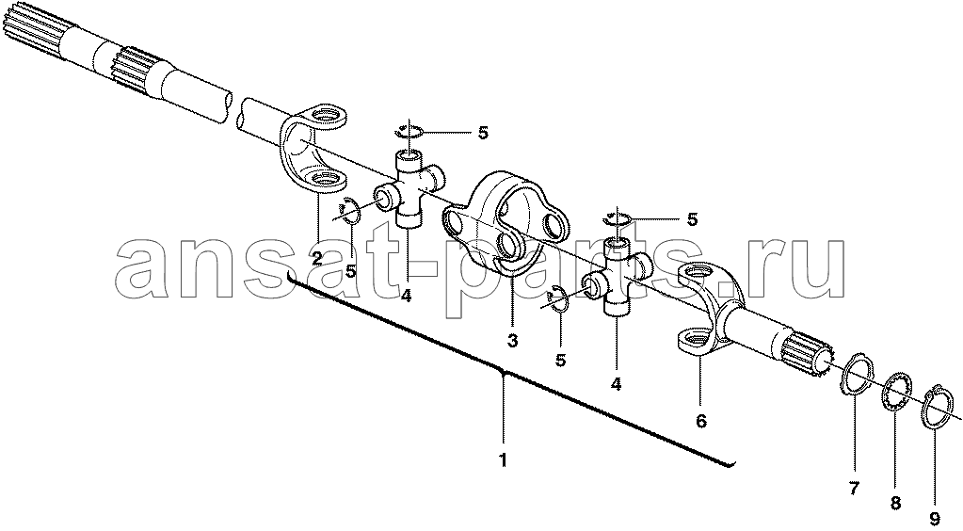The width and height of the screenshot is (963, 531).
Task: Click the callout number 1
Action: (503, 459)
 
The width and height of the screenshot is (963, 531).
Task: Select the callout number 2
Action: (317, 259)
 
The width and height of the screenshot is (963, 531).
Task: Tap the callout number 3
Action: (513, 339)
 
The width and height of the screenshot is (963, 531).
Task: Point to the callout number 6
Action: (700, 421)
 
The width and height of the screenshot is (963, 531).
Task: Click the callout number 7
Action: (855, 490)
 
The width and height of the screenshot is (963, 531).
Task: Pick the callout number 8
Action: (896, 504)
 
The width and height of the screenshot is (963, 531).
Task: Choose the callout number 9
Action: (935, 519)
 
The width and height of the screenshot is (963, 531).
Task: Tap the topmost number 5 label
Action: (483, 133)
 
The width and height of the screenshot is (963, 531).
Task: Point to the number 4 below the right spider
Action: (616, 384)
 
